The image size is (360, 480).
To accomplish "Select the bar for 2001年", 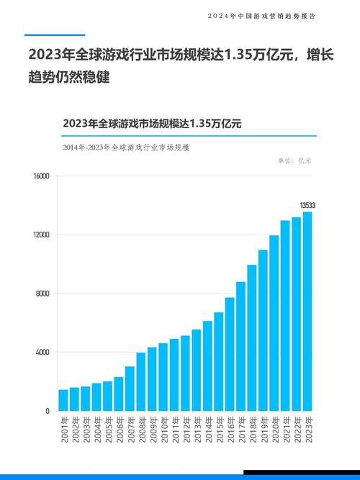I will click(63, 400).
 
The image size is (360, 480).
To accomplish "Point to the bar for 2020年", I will click(274, 323).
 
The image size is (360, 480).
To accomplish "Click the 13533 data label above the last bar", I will click(307, 206).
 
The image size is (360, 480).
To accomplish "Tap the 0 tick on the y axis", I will click(48, 411).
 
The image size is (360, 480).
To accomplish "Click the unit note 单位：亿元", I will click(294, 160).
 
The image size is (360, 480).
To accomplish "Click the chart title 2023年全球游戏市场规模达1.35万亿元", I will click(152, 123).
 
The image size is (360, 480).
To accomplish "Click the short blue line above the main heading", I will click(54, 35).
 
